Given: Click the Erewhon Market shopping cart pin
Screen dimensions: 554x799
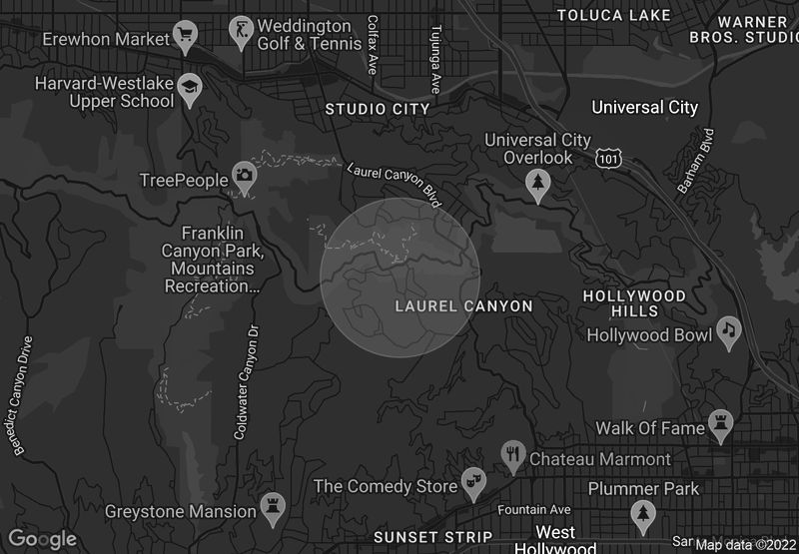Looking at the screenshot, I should [x=185, y=38].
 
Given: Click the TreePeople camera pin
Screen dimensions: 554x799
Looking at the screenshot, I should [x=244, y=176].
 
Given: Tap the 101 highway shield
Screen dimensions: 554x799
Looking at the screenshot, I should [x=606, y=158].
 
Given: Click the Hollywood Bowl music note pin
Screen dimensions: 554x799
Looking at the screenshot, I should [x=728, y=330].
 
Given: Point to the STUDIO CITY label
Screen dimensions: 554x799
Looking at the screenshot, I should [x=379, y=108].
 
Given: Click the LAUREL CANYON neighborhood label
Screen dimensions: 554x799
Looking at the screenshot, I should [x=463, y=305].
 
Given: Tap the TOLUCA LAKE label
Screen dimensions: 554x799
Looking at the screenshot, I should [x=613, y=15].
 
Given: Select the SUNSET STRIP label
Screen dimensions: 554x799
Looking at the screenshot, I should [x=432, y=537].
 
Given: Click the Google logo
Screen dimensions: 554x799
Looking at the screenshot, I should [x=42, y=539].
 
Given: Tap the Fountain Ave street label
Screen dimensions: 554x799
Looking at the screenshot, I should [x=533, y=509].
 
